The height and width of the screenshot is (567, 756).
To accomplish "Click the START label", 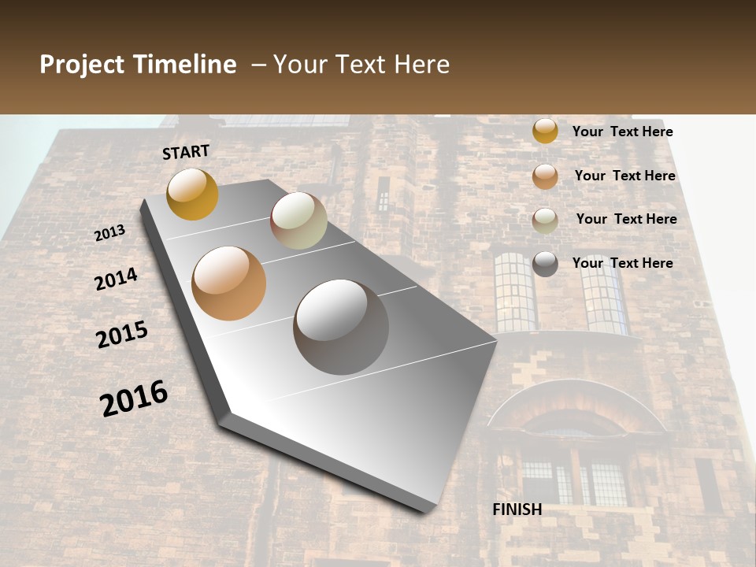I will pyautogui.click(x=186, y=152).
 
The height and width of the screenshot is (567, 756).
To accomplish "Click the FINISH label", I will pyautogui.click(x=517, y=510).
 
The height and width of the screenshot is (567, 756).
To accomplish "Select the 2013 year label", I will pyautogui.click(x=109, y=233).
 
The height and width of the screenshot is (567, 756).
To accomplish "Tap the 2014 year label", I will pyautogui.click(x=116, y=279).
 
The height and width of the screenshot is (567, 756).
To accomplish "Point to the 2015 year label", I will pyautogui.click(x=122, y=335).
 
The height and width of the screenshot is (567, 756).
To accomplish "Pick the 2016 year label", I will pyautogui.click(x=134, y=398).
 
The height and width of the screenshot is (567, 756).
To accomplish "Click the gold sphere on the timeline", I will pyautogui.click(x=192, y=194).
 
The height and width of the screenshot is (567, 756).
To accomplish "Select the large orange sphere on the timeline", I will pyautogui.click(x=229, y=283).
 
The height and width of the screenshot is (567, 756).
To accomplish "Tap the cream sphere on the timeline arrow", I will pyautogui.click(x=298, y=220).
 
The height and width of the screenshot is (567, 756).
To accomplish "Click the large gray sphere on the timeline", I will pyautogui.click(x=341, y=326).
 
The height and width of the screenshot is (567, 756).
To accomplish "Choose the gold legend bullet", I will pyautogui.click(x=545, y=132).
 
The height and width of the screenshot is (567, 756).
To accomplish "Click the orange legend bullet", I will pyautogui.click(x=545, y=176).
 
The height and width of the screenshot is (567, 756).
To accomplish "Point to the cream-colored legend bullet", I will pyautogui.click(x=545, y=220).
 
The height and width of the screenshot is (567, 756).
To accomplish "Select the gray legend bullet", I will pyautogui.click(x=545, y=264).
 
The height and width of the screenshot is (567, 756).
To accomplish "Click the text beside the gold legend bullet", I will pyautogui.click(x=622, y=132).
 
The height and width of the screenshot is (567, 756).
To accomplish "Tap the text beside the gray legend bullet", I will pyautogui.click(x=622, y=263).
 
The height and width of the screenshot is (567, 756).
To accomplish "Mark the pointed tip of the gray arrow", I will pyautogui.click(x=430, y=508).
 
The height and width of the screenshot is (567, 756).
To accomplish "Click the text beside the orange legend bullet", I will pyautogui.click(x=624, y=176).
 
